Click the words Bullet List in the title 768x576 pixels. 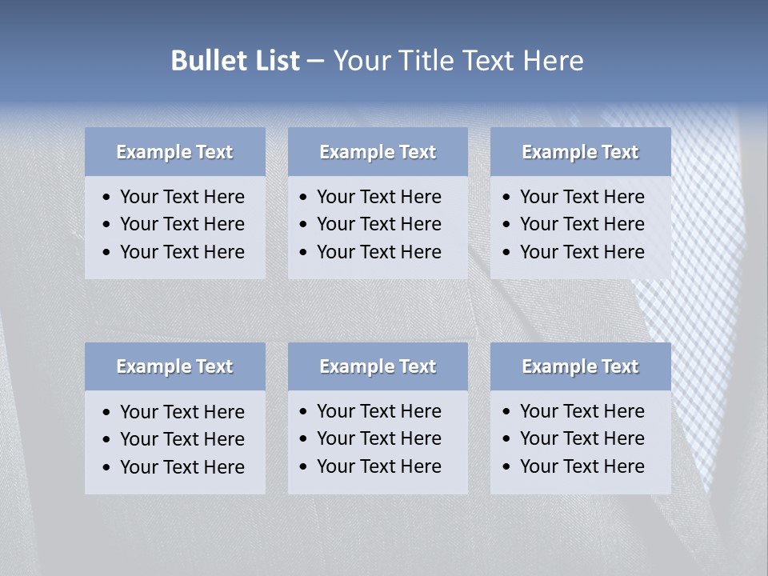point(235,61)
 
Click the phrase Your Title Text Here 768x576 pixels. point(458,61)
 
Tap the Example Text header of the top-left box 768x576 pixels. point(174,152)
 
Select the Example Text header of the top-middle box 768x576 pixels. point(378,152)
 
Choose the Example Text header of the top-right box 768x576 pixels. point(580,152)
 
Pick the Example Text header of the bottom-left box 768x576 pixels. point(174,366)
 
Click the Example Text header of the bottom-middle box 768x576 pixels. point(378,366)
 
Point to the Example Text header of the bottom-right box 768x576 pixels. point(580,366)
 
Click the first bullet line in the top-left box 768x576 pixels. point(182,197)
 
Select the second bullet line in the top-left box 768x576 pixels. point(182,224)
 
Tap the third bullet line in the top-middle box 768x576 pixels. point(378,252)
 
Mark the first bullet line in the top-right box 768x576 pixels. point(582,197)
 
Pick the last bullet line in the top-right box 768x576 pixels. point(582,252)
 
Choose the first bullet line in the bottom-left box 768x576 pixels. point(182,412)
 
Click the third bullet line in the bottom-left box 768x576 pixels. point(182,467)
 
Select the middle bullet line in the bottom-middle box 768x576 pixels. point(378,438)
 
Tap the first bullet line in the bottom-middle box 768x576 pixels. point(378,411)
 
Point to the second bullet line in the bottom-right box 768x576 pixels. point(582,438)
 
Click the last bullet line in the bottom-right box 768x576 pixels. point(582,466)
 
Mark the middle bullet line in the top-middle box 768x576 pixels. point(378,224)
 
